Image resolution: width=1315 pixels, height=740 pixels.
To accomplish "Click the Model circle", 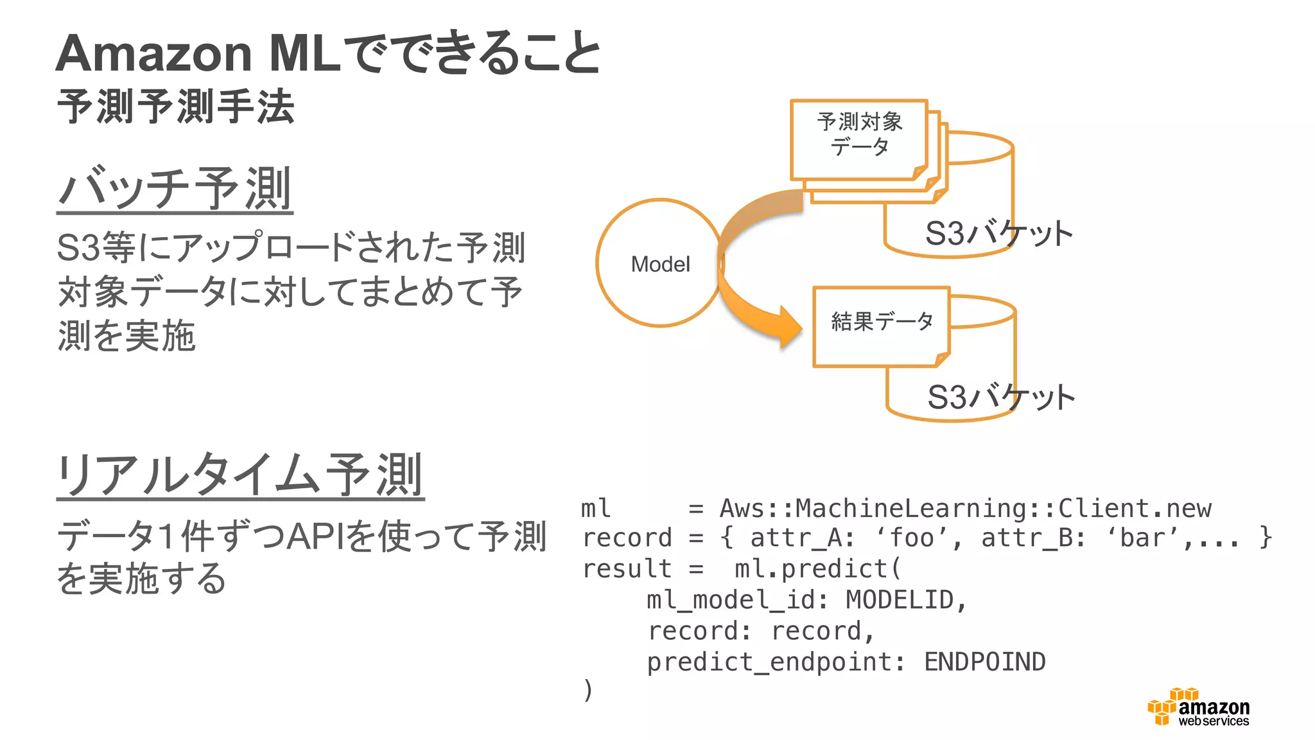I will [659, 263].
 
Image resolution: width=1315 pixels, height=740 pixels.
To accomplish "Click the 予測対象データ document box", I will [859, 138].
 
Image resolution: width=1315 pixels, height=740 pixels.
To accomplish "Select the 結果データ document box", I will [881, 326].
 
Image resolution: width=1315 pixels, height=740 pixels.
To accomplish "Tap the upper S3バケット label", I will [998, 233].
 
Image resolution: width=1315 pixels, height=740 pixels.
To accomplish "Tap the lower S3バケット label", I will [1001, 397].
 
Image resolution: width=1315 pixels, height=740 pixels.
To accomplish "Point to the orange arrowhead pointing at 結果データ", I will [790, 328].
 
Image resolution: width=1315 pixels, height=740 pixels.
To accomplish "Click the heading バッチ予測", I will [175, 188].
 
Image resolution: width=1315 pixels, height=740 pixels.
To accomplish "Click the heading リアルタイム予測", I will [240, 475].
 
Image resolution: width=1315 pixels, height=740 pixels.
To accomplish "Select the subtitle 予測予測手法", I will [175, 107].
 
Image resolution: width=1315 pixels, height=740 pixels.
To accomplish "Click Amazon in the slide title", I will [154, 53].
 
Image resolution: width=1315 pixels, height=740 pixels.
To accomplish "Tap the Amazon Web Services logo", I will [1198, 707].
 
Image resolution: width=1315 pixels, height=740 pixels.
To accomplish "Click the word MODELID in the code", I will [899, 600].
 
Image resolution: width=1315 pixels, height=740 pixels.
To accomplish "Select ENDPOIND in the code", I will [984, 662].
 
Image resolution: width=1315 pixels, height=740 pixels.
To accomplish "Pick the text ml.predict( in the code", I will [818, 568].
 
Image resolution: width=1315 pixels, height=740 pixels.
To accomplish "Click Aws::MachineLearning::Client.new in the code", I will [965, 508].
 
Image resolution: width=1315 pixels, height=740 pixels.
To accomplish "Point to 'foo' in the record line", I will [912, 538].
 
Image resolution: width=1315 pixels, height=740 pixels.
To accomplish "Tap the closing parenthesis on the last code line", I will [588, 690].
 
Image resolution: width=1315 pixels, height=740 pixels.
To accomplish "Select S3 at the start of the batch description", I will [78, 247].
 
